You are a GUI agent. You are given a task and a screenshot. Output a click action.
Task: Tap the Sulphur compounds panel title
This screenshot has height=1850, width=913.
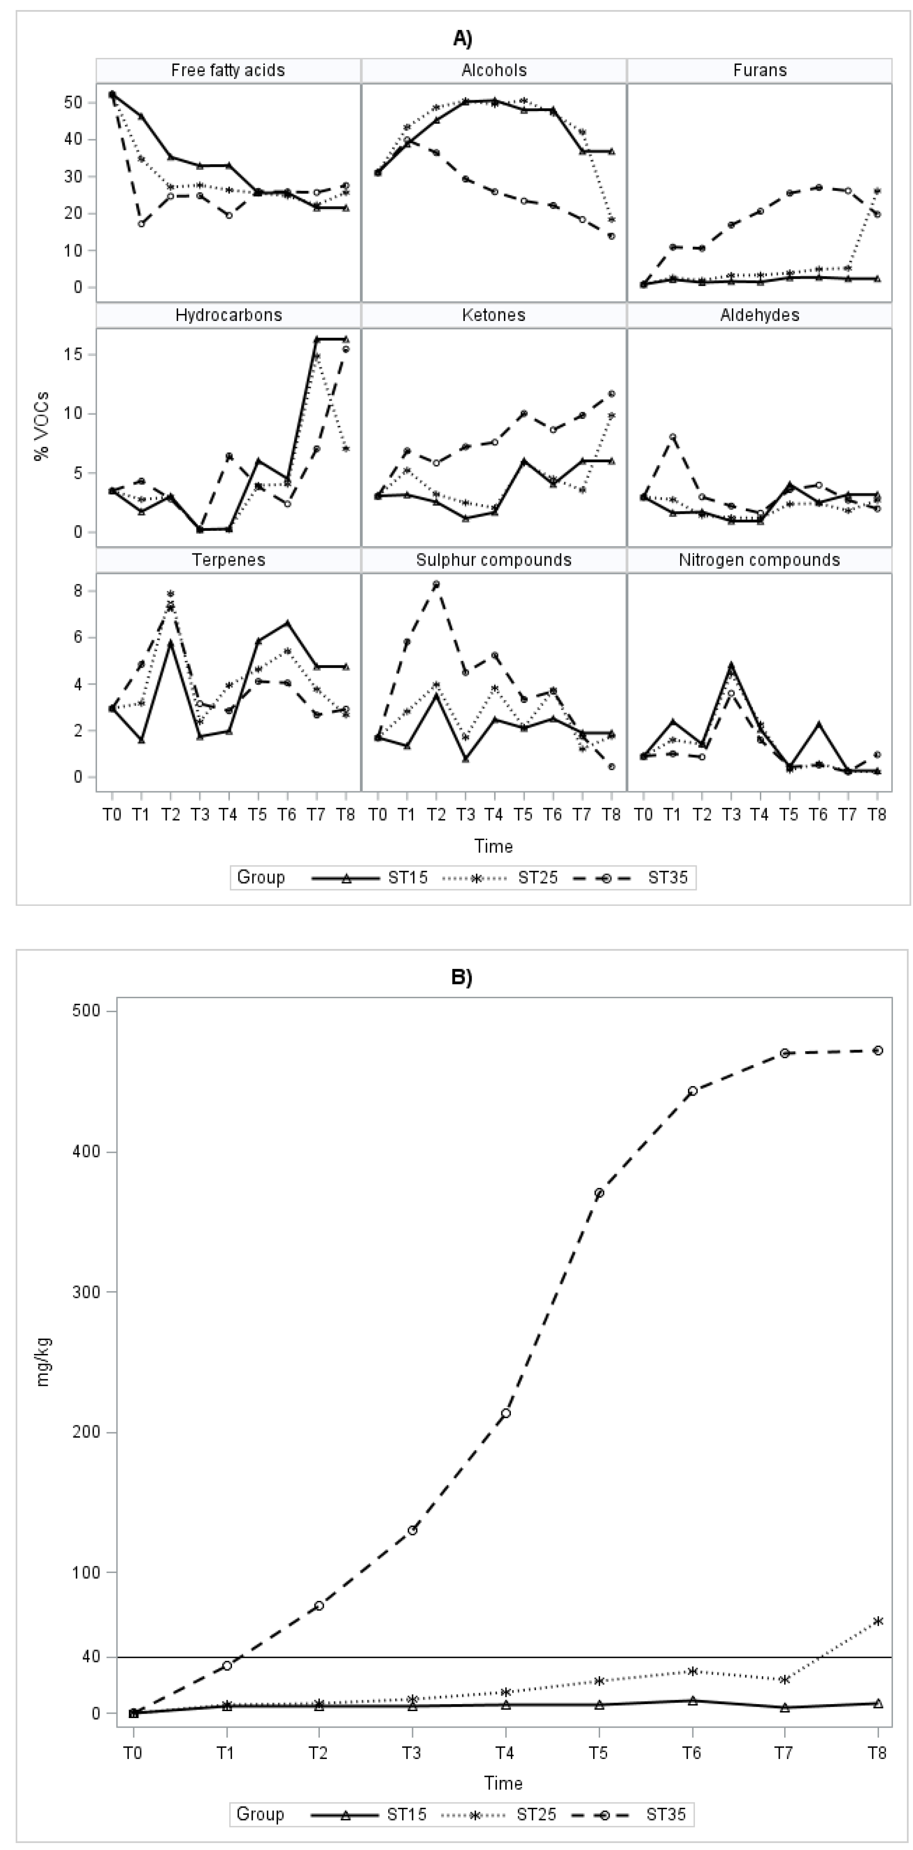pos(494,560)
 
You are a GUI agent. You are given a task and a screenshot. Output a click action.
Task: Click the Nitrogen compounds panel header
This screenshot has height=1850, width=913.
pos(759,560)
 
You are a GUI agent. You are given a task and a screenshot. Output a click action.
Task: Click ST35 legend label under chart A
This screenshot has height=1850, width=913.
pos(668,878)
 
